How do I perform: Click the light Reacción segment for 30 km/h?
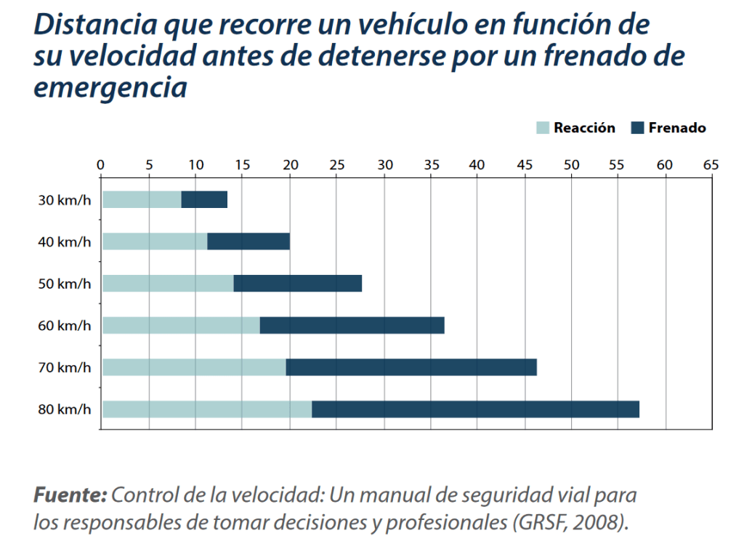pyautogui.click(x=142, y=199)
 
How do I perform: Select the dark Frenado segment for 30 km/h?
pyautogui.click(x=204, y=199)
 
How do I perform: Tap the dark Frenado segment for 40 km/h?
pyautogui.click(x=248, y=241)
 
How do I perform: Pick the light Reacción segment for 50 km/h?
pyautogui.click(x=168, y=283)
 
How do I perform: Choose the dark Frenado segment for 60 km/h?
pyautogui.click(x=352, y=325)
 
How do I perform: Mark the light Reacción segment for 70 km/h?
pyautogui.click(x=194, y=367)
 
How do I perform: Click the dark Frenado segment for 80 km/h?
pyautogui.click(x=475, y=409)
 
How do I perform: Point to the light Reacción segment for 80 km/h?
pyautogui.click(x=207, y=409)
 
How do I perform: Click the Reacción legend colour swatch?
pyautogui.click(x=543, y=128)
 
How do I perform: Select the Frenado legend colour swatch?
pyautogui.click(x=638, y=128)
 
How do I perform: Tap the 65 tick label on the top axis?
pyautogui.click(x=711, y=164)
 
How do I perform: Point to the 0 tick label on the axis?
pyautogui.click(x=101, y=164)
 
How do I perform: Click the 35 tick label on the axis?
pyautogui.click(x=430, y=164)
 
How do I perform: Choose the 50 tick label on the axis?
pyautogui.click(x=571, y=164)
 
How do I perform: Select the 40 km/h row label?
pyautogui.click(x=65, y=241)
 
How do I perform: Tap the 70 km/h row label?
pyautogui.click(x=65, y=367)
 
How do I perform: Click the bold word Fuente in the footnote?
pyautogui.click(x=70, y=496)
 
